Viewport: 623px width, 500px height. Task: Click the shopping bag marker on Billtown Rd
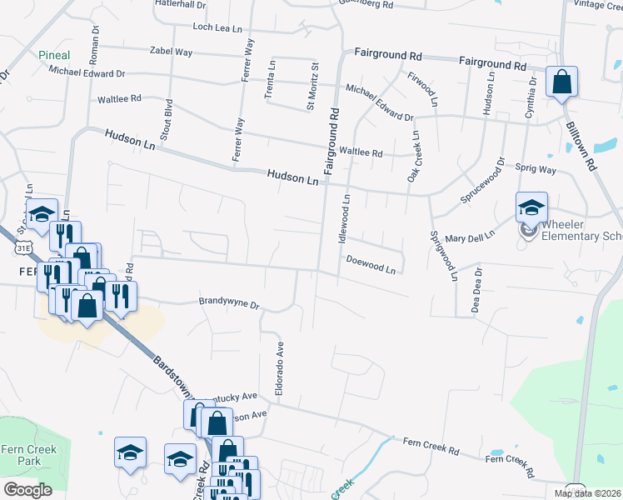click(562, 82)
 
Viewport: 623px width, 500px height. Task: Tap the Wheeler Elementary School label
click(581, 231)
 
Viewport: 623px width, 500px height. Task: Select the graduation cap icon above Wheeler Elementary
click(531, 207)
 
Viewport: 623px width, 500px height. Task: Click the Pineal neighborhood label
click(54, 56)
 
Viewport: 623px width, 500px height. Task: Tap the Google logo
click(27, 490)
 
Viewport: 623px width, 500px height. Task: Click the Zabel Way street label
click(171, 52)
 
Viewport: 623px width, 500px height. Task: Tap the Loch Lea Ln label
click(216, 27)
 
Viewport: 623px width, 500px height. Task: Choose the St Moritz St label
click(314, 85)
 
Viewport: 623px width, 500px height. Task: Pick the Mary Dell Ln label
click(471, 237)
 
